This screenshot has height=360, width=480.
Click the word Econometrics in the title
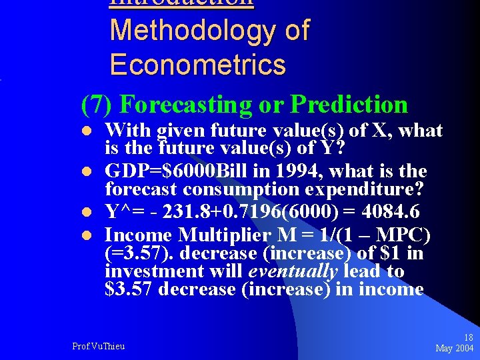coord(197,65)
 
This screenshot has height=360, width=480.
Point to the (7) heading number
coord(98,105)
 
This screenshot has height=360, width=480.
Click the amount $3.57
coord(129,289)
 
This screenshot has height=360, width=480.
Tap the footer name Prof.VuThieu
coord(98,345)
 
